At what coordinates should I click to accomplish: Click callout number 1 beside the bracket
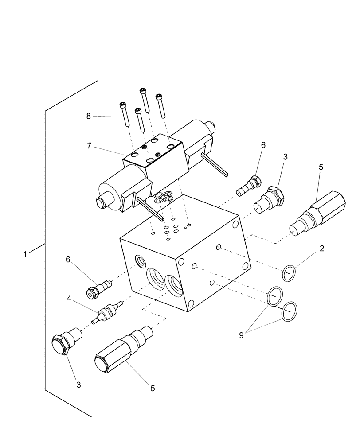[25, 254]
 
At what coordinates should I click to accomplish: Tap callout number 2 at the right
[321, 249]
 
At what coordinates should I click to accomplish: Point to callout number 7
[90, 145]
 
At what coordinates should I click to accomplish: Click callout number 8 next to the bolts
[89, 116]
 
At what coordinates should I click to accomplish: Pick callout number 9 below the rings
[241, 335]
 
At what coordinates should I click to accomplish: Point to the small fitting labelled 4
[107, 311]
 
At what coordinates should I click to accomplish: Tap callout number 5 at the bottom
[153, 388]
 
